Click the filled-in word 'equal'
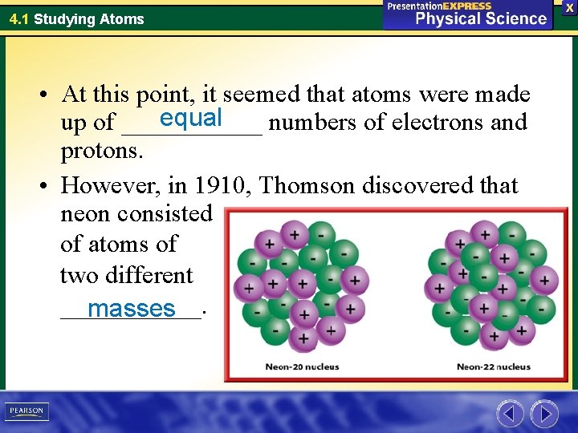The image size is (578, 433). click(190, 118)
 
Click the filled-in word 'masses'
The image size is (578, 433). click(132, 308)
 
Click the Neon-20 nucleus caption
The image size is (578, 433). click(303, 367)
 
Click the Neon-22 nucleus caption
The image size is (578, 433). click(493, 367)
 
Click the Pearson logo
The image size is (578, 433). click(27, 411)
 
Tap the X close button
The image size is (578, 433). click(569, 7)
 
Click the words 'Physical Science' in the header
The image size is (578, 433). click(480, 18)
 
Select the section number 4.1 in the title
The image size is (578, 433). click(19, 18)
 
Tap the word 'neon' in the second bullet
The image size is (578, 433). click(85, 214)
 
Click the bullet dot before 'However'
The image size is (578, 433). click(48, 186)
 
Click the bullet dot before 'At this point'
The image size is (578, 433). click(48, 95)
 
